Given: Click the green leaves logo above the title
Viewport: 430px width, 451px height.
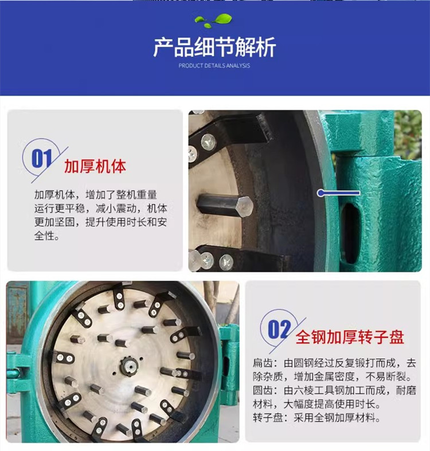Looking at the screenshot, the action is coord(213,21).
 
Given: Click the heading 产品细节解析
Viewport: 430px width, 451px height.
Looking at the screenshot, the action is coord(214,47).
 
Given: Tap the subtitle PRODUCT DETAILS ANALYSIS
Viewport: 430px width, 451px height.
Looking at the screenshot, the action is coord(214,65).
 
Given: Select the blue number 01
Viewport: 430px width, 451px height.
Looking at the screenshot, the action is coord(41,159).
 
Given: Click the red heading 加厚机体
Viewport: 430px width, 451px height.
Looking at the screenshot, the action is coord(95,166).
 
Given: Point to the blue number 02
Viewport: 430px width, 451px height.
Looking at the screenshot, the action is coord(279,330).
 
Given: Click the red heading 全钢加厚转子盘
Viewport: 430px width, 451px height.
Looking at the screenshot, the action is coord(350,337).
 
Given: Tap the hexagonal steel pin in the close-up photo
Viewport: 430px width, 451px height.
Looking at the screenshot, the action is coord(225,205).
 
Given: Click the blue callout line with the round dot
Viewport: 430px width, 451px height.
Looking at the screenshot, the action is coord(338,193).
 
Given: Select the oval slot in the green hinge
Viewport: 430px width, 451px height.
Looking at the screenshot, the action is coord(350,233).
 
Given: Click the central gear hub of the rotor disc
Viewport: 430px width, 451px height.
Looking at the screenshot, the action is coord(128,366).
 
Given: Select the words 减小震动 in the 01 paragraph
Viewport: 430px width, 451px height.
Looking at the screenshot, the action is coord(116,209).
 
